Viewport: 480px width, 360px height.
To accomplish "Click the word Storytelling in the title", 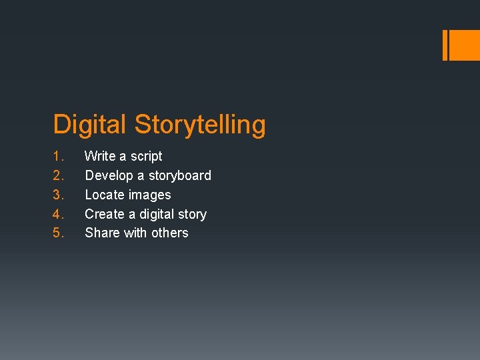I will pyautogui.click(x=200, y=125).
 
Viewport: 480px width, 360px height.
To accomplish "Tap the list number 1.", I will pyautogui.click(x=58, y=157).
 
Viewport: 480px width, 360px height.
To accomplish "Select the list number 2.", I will pyautogui.click(x=58, y=176).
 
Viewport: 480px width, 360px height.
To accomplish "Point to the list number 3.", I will pyautogui.click(x=58, y=195).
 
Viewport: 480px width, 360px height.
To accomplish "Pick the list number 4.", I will pyautogui.click(x=58, y=215).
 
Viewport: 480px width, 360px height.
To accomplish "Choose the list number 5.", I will pyautogui.click(x=58, y=233).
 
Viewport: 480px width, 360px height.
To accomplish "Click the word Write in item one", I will pyautogui.click(x=100, y=157).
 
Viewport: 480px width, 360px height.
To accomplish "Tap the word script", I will pyautogui.click(x=146, y=157).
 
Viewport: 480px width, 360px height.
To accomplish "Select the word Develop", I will pyautogui.click(x=109, y=176).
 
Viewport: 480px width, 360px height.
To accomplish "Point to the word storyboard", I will pyautogui.click(x=179, y=176).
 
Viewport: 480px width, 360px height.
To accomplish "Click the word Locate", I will pyautogui.click(x=104, y=195).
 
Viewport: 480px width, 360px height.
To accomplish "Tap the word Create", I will pyautogui.click(x=105, y=215).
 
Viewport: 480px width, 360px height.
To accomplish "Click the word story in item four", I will pyautogui.click(x=193, y=215).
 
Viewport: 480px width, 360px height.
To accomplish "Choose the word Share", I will pyautogui.click(x=103, y=233).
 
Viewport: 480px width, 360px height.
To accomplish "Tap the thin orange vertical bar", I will pyautogui.click(x=445, y=45).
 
